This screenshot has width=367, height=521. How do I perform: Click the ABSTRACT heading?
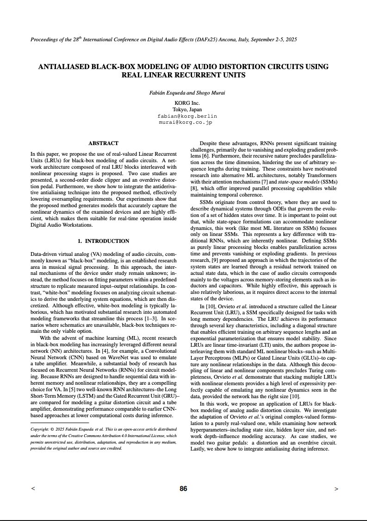point(103,143)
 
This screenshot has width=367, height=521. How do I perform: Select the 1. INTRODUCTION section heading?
point(103,241)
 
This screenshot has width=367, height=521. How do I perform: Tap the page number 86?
point(183,489)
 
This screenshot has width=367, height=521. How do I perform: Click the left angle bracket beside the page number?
point(32,489)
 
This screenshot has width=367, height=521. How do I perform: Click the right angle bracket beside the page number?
point(336,489)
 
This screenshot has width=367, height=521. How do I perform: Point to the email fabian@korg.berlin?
point(187,116)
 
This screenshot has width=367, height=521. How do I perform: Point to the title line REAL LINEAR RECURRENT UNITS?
point(183,75)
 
